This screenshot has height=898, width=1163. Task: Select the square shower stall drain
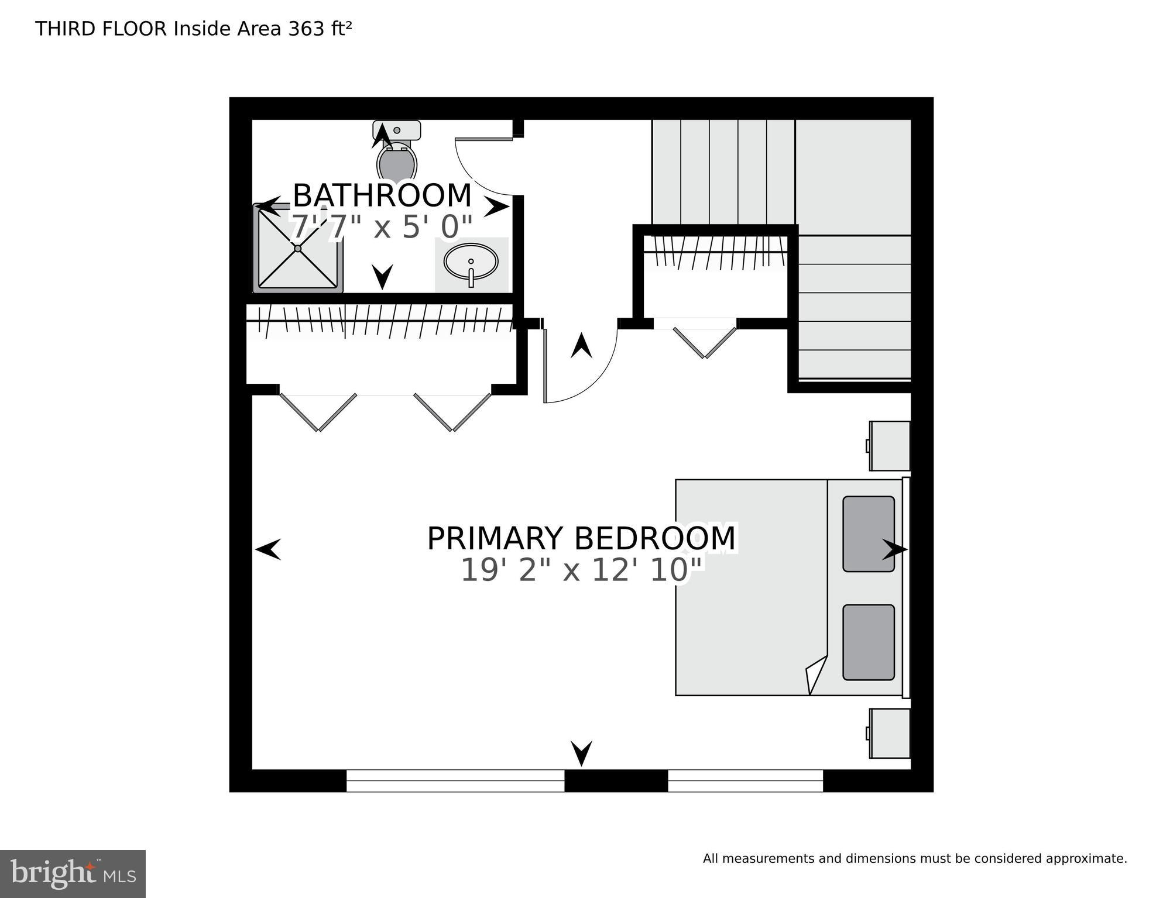[x=297, y=249]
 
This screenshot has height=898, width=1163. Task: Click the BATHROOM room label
[x=382, y=196]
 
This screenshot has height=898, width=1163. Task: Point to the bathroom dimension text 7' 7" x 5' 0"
[x=382, y=228]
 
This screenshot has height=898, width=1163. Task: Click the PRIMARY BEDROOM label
[x=581, y=539]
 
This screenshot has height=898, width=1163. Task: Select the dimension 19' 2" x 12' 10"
[x=581, y=570]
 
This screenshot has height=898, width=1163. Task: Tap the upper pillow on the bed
[x=868, y=534]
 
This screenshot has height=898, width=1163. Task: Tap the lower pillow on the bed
[x=868, y=642]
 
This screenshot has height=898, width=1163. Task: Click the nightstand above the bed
[x=890, y=446]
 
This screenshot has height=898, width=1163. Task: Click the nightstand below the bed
[x=890, y=733]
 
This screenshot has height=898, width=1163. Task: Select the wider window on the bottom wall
[x=455, y=781]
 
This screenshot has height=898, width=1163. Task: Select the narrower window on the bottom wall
[x=745, y=781]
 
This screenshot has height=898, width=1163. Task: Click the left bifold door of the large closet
[x=318, y=412]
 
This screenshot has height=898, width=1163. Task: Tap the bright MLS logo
[x=73, y=874]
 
